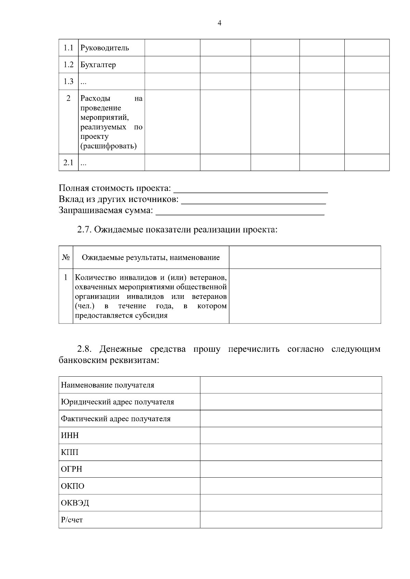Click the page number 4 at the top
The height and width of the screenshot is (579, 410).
(x=219, y=23)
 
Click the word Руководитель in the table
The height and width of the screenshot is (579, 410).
(x=105, y=48)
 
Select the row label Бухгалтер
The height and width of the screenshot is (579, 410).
(x=98, y=64)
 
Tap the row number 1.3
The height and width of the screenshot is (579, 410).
(x=68, y=81)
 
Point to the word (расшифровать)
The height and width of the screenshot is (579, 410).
(x=108, y=146)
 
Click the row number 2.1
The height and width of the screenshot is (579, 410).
(x=68, y=163)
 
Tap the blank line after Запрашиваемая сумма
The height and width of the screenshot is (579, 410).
(x=240, y=211)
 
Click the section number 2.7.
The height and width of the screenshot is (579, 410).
(x=84, y=230)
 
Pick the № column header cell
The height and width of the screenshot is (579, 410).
(x=66, y=257)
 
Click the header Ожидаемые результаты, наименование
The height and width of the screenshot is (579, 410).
(x=151, y=258)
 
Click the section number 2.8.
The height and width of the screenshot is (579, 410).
(x=84, y=349)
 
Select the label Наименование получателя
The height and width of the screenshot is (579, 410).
(x=108, y=385)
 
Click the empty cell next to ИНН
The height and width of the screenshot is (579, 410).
(x=291, y=435)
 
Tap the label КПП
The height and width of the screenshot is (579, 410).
(x=69, y=452)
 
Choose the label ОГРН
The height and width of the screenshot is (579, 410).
(x=71, y=469)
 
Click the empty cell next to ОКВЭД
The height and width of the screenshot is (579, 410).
(x=291, y=503)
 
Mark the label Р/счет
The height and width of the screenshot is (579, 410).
(x=72, y=520)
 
